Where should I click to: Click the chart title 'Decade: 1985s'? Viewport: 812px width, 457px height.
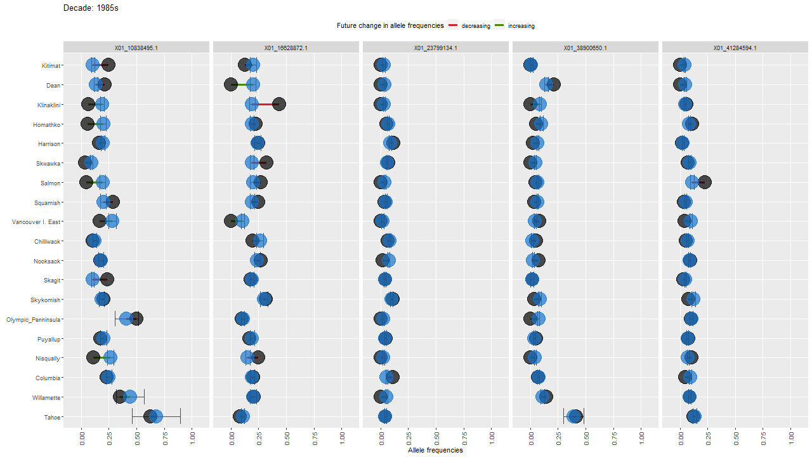click(x=91, y=8)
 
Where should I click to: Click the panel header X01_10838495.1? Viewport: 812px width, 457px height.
click(x=136, y=48)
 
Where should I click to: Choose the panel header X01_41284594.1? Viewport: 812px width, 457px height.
click(x=735, y=48)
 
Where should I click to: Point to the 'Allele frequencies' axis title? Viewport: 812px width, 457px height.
click(x=435, y=450)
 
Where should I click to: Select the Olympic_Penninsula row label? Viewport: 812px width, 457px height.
click(x=34, y=319)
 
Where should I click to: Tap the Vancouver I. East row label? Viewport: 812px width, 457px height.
click(x=36, y=222)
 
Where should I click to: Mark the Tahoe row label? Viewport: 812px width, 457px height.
click(x=53, y=417)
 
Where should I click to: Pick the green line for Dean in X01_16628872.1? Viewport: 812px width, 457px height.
click(x=241, y=85)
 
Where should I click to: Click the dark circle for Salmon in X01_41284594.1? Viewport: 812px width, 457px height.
click(x=704, y=183)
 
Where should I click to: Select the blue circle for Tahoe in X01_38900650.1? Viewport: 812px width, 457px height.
click(x=575, y=417)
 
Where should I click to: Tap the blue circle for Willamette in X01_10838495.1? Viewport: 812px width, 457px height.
click(x=130, y=397)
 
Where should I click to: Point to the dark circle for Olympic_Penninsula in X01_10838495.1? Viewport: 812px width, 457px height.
click(x=136, y=319)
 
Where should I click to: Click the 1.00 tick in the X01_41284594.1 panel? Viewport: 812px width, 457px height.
click(x=791, y=438)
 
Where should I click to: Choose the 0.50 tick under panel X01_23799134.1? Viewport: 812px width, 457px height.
click(x=437, y=438)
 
